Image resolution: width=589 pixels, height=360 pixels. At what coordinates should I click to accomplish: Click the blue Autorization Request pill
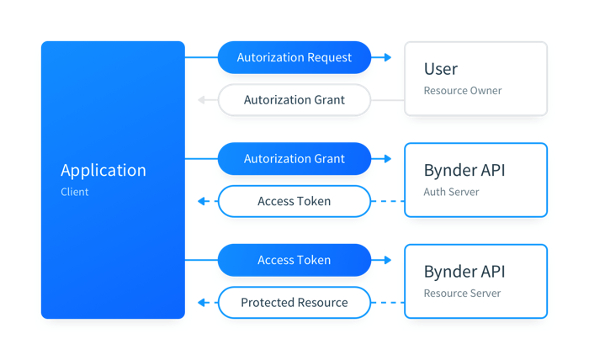point(294,57)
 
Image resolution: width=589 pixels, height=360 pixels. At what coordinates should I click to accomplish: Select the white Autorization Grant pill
point(294,100)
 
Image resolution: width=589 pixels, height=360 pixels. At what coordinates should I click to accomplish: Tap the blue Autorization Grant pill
point(294,159)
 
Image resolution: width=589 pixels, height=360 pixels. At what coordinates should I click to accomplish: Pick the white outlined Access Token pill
point(294,201)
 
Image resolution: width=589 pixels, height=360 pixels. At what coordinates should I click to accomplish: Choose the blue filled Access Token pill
point(294,260)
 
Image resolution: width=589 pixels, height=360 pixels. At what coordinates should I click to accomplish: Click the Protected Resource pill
point(294,303)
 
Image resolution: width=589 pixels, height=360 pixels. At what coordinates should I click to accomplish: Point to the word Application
point(103,171)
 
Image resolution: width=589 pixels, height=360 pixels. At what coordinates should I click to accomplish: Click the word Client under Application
point(75,192)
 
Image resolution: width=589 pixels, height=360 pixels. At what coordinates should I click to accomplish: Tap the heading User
point(441,69)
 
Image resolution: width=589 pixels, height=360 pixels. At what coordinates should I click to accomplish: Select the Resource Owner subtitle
point(463,91)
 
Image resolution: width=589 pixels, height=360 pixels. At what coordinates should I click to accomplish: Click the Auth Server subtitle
point(452,192)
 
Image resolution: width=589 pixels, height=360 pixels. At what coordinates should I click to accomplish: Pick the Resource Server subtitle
point(463,294)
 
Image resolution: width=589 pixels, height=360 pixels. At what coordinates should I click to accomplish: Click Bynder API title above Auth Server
point(464,171)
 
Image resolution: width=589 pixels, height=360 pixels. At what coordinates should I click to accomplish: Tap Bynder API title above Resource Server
point(464,272)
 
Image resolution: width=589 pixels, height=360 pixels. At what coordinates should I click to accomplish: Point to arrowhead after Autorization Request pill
point(388,57)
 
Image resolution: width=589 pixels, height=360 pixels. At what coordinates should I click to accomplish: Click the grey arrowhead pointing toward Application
point(201,100)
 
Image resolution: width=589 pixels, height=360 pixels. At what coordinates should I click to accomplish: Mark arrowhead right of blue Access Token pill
point(388,260)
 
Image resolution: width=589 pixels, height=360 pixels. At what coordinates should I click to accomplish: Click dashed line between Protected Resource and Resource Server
point(388,303)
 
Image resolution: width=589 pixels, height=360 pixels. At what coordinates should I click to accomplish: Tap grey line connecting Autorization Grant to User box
point(388,100)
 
